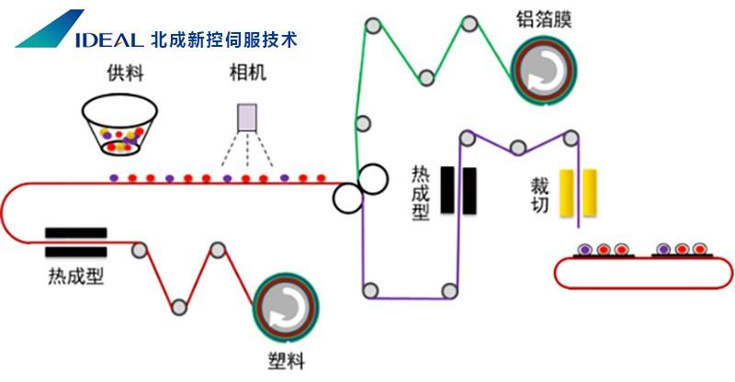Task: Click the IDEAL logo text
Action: [101, 39]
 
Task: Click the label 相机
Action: [247, 72]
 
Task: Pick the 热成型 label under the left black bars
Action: [75, 275]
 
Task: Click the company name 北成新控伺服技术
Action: [223, 39]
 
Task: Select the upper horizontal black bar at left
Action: [75, 233]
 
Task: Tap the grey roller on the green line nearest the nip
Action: [363, 122]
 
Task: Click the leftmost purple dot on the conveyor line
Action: [113, 176]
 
